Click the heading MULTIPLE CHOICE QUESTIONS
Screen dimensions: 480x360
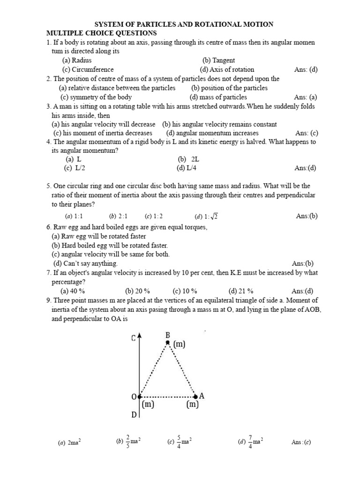[101, 33]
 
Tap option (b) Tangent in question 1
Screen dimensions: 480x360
[218, 60]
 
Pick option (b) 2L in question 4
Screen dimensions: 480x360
[188, 159]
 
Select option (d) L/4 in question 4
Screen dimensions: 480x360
[187, 168]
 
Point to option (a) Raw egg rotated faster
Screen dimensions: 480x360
[98, 237]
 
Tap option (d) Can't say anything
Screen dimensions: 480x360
[85, 263]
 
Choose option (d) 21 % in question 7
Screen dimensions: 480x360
[241, 291]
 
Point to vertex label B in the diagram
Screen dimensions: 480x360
[167, 335]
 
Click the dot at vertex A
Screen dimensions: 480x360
[195, 397]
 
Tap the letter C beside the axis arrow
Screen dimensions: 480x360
[133, 338]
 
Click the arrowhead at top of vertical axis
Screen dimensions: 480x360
[139, 336]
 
